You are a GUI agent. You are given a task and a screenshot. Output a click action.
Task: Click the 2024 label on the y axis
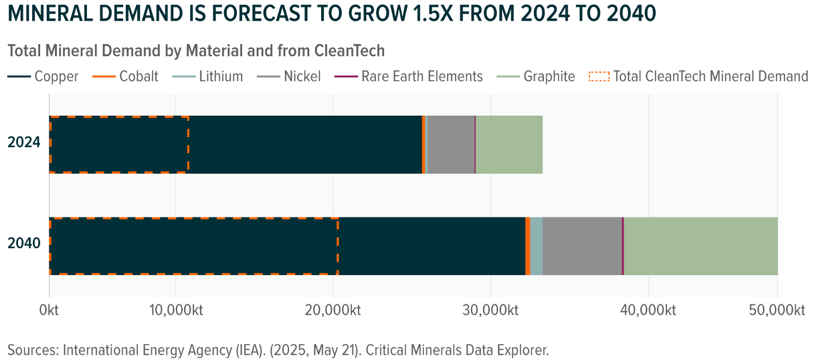point(24,143)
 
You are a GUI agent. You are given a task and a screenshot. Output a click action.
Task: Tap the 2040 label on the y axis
point(24,244)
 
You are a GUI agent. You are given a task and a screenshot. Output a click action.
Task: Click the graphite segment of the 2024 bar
point(509,145)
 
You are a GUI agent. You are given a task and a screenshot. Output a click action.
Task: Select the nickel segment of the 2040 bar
point(582,246)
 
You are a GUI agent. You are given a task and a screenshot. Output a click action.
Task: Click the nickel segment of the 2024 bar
point(450,145)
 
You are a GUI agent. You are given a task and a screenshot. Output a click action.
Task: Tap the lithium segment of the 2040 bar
point(536,246)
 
